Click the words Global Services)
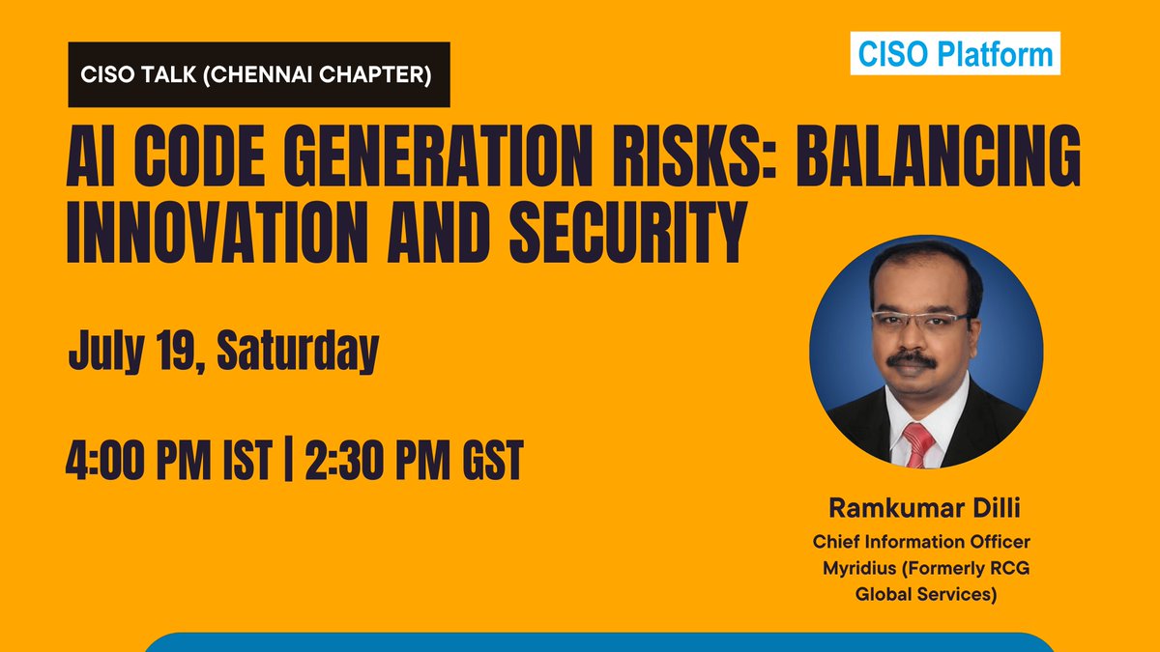[x=925, y=595]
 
